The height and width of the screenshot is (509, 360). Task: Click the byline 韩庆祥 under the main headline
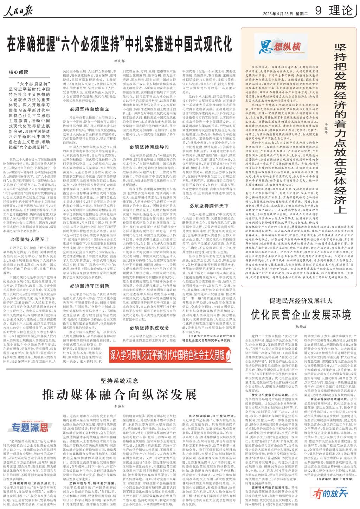119,61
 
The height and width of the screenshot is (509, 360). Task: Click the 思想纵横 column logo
281,46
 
